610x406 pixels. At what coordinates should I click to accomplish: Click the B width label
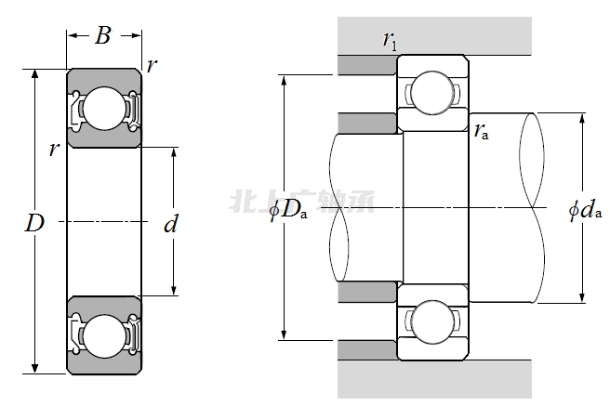click(x=103, y=36)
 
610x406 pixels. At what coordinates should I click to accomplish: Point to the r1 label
click(x=390, y=40)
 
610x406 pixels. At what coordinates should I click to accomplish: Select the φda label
click(x=585, y=210)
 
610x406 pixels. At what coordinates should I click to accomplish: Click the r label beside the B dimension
click(x=152, y=65)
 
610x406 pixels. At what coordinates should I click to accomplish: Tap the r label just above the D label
click(x=54, y=149)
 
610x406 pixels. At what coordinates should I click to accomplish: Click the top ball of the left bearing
click(x=103, y=108)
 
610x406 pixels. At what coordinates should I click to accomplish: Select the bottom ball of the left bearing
click(x=103, y=335)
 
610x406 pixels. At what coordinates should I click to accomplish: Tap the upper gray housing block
click(x=433, y=35)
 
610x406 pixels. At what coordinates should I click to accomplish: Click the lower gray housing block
click(x=433, y=379)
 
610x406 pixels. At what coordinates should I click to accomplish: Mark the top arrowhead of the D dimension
click(x=35, y=73)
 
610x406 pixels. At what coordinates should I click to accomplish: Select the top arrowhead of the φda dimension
click(x=582, y=118)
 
